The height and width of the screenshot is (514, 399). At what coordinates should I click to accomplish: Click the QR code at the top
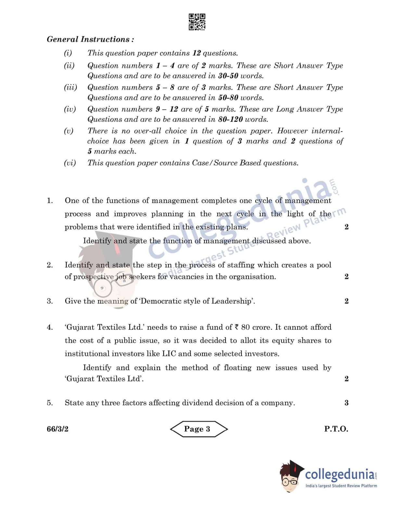click(x=197, y=22)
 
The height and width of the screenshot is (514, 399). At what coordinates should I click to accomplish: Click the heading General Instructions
click(x=90, y=39)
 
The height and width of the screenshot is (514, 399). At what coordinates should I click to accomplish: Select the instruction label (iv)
click(x=70, y=109)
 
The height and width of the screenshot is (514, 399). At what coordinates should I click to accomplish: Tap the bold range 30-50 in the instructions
click(x=228, y=76)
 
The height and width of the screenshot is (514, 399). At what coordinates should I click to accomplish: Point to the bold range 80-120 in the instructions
click(x=230, y=119)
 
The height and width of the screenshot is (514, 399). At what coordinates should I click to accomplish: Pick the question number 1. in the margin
click(x=50, y=200)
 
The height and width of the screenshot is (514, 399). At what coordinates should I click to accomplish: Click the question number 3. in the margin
click(x=50, y=301)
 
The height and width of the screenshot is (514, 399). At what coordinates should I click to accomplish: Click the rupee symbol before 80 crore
click(x=237, y=327)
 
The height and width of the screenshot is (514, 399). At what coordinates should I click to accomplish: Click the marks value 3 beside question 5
click(x=346, y=403)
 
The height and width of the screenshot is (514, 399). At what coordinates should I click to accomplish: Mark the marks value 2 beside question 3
click(x=346, y=301)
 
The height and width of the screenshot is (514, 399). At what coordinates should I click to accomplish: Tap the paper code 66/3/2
click(x=58, y=429)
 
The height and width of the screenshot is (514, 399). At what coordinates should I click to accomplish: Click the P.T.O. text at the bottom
click(x=336, y=429)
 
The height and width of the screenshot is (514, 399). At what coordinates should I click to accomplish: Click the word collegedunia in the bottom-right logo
click(x=339, y=474)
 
